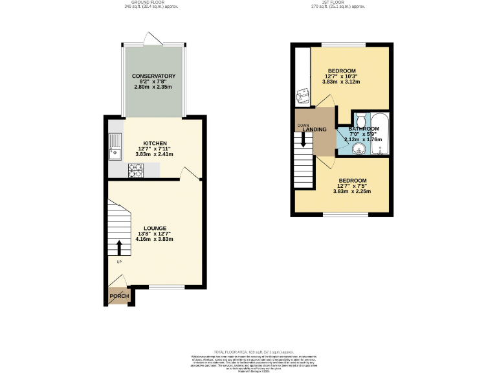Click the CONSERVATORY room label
tap(154, 76)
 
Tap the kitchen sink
tap(115, 146)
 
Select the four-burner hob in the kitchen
tap(136, 170)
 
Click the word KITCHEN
tap(155, 143)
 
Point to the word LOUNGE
tap(155, 228)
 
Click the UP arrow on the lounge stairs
tap(119, 248)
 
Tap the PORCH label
tap(118, 297)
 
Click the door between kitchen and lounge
tap(188, 172)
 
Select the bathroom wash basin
tap(358, 150)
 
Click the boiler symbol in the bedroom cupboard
tap(302, 97)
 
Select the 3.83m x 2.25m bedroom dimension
tap(351, 191)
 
